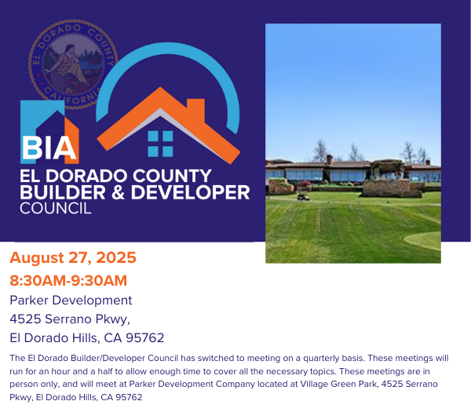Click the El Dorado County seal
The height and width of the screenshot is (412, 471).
click(73, 64)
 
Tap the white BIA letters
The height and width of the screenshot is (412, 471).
click(49, 148)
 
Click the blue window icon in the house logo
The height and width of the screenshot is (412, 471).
click(160, 144)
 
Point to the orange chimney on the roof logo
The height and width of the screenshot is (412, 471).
click(195, 108)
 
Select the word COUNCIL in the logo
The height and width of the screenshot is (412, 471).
click(55, 209)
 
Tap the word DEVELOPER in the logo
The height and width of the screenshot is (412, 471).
click(191, 192)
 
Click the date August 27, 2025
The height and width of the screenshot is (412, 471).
click(73, 257)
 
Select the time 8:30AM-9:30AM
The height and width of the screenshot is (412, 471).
click(68, 281)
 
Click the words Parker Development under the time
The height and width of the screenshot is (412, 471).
click(71, 300)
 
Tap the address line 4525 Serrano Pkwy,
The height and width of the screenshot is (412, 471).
click(70, 319)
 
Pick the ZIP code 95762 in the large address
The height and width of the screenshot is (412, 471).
click(144, 337)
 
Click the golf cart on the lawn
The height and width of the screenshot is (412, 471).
click(303, 197)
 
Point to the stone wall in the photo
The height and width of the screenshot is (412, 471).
click(392, 188)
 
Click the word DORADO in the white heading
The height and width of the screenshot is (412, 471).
click(86, 176)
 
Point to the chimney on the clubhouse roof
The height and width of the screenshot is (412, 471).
click(330, 159)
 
